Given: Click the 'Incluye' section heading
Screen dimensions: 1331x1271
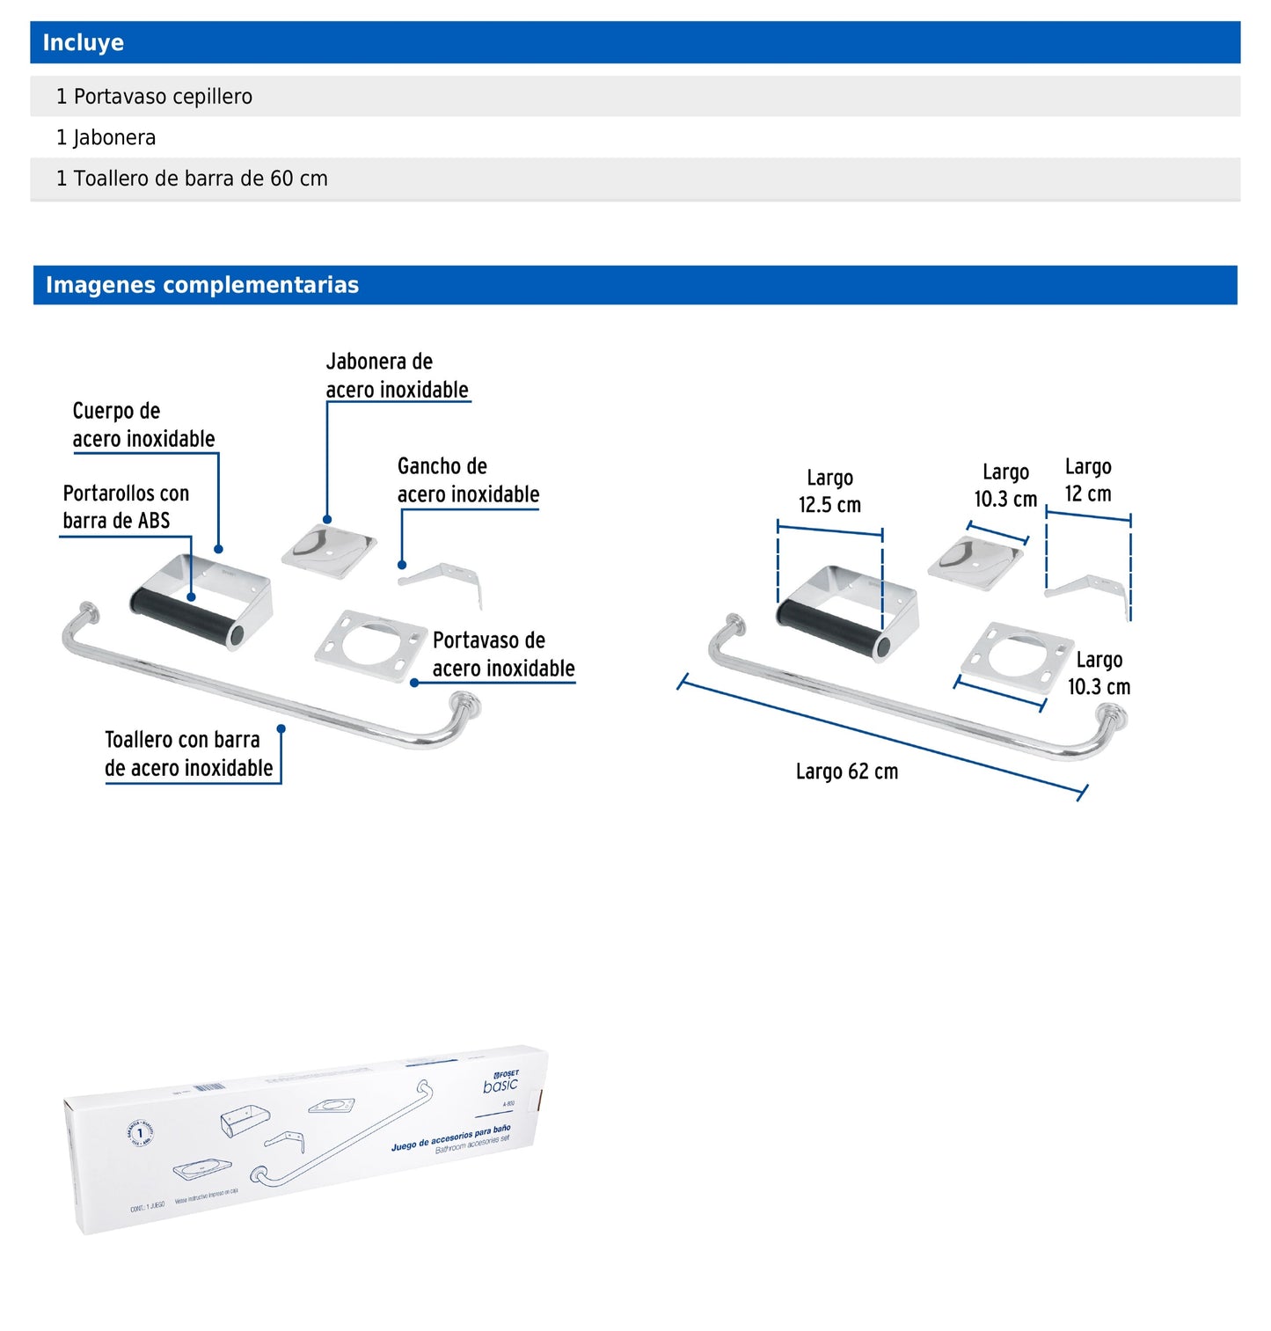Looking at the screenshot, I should tap(84, 42).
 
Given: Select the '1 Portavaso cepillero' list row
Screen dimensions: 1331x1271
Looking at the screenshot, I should tap(154, 97).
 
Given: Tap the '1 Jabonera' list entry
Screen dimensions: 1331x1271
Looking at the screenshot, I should tap(106, 138).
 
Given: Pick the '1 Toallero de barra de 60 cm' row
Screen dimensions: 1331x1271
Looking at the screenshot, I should tap(192, 179).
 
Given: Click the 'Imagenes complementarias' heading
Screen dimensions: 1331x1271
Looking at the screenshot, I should tap(202, 285).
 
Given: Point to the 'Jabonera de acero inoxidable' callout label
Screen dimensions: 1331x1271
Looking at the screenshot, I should tap(397, 376).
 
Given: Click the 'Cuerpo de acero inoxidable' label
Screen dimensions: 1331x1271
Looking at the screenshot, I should tap(143, 425).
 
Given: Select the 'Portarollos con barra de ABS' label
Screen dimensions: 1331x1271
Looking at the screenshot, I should tap(126, 507).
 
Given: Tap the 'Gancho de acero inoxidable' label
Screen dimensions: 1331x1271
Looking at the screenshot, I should tap(468, 480).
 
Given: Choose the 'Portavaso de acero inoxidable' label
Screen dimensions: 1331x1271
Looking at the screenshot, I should tap(503, 655).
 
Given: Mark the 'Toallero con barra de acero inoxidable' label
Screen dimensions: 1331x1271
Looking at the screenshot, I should tap(188, 754).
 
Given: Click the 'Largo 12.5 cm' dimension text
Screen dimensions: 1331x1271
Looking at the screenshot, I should tap(829, 492).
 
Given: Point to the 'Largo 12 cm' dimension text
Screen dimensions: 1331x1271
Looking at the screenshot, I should tap(1088, 480).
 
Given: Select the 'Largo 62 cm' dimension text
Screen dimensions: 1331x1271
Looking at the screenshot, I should tap(847, 772).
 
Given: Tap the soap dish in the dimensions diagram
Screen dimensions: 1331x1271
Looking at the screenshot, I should tap(975, 559).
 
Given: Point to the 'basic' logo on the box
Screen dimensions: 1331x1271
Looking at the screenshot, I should tap(500, 1086).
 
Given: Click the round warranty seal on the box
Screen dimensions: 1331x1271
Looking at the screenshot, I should tap(140, 1133).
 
